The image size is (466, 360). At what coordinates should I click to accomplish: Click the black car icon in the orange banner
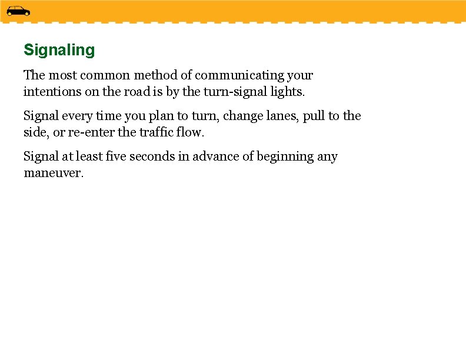coord(18,11)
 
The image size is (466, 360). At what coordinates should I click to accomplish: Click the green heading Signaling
coord(59,51)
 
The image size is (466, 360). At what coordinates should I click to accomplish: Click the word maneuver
coord(54,174)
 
